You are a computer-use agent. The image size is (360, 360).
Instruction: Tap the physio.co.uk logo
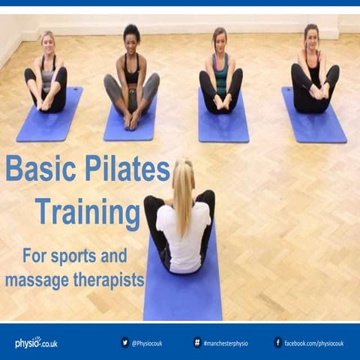coord(35,343)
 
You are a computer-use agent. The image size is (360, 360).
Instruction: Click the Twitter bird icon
coord(124,343)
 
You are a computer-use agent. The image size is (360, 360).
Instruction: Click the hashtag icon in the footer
coord(197,343)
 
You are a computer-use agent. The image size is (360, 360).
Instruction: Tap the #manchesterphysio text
coord(226,343)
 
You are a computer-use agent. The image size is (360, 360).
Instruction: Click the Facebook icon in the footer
coord(278,343)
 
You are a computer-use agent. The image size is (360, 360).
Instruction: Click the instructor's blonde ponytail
coord(183,199)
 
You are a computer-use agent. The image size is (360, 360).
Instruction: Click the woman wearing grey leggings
coord(131,82)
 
